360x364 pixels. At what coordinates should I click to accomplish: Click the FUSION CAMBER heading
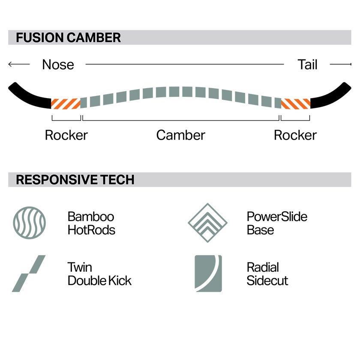(68, 38)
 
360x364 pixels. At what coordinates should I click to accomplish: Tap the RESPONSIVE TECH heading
(75, 180)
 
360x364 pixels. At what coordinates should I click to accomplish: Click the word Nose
(58, 65)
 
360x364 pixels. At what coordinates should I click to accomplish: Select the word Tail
(307, 65)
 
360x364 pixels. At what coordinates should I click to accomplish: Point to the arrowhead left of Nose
(10, 64)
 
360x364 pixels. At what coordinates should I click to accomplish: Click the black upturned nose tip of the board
(30, 96)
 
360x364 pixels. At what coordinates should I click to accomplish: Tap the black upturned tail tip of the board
(330, 96)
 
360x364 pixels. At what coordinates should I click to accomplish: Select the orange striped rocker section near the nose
(66, 104)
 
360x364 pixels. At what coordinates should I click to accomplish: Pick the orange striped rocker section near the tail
(296, 104)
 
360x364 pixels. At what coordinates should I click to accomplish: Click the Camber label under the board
(181, 135)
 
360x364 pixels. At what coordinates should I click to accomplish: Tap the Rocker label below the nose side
(66, 135)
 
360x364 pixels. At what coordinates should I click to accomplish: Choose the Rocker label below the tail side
(295, 135)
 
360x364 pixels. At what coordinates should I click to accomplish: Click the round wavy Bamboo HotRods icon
(30, 223)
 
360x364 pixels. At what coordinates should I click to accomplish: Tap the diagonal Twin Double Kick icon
(29, 274)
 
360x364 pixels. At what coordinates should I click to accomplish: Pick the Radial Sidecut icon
(208, 274)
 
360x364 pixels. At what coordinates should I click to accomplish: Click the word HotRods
(92, 230)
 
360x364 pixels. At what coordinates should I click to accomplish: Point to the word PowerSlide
(277, 217)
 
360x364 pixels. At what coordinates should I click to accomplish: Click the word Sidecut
(267, 280)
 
